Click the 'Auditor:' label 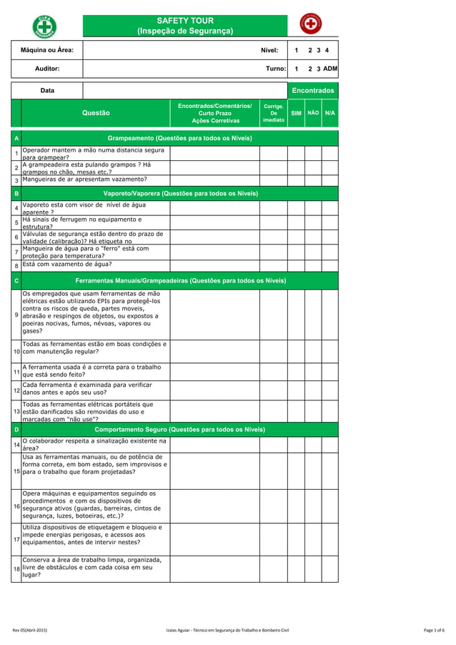pos(47,69)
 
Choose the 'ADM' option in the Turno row pos(329,69)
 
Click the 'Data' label pos(47,91)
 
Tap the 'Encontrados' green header pos(312,91)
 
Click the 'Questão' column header pos(96,113)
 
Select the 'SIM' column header pos(296,113)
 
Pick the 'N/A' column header pos(329,113)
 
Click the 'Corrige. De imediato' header pos(273,113)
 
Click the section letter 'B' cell pos(16,193)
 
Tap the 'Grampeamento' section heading pos(179,137)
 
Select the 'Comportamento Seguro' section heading pos(179,429)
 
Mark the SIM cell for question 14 pos(296,445)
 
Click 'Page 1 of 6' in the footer pos(434,629)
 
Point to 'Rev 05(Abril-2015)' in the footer pos(29,629)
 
